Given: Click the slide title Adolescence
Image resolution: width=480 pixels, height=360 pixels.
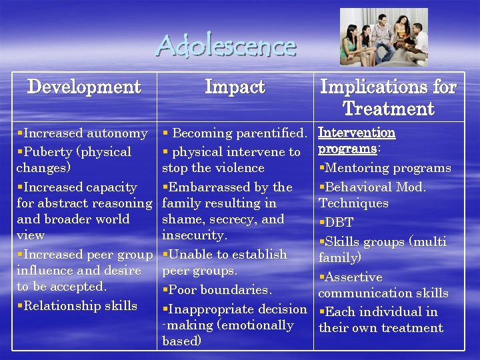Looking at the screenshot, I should pos(226,46).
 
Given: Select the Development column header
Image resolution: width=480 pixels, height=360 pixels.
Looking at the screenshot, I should pos(84,87).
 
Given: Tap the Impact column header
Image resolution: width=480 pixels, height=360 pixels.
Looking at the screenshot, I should pos(235,87).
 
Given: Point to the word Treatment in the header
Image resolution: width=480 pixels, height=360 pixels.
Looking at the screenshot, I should pos(388,109).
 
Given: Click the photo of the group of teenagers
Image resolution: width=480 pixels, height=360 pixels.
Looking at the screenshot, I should pos(383,37).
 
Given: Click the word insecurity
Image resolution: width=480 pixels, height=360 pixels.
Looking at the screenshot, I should pos(194,235).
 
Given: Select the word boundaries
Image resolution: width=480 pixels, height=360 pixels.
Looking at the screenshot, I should pos(237,290).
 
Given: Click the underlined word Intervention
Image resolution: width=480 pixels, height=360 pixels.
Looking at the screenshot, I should pos(357,133).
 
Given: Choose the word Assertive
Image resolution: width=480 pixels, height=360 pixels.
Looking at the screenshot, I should pos(353,277).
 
